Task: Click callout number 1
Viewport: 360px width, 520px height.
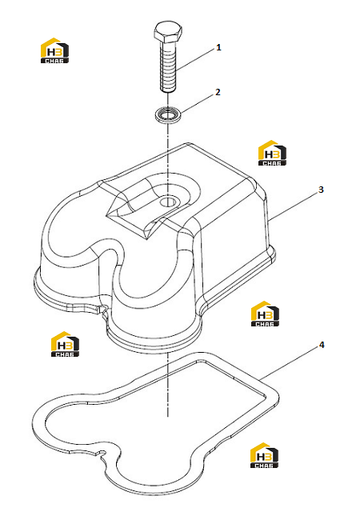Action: click(218, 47)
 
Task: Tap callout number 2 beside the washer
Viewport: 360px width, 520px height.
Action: click(218, 92)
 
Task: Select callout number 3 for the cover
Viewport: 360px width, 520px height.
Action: click(321, 190)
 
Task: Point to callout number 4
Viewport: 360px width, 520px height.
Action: click(322, 345)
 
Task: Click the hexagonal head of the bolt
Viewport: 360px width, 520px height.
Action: click(168, 32)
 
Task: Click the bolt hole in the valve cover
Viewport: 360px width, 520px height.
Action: click(169, 202)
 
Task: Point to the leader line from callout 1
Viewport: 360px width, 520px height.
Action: click(195, 59)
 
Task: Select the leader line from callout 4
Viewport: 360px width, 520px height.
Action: click(289, 364)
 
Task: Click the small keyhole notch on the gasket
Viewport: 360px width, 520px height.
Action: click(101, 453)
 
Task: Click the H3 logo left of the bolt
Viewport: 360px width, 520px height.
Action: click(54, 50)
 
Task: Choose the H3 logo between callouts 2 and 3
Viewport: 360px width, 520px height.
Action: click(272, 153)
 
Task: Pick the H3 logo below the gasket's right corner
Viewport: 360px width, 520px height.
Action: click(264, 455)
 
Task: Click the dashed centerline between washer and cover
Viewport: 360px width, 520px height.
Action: click(168, 159)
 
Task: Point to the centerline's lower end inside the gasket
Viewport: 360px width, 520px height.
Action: click(168, 415)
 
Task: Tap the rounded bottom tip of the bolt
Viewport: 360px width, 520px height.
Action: click(168, 91)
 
